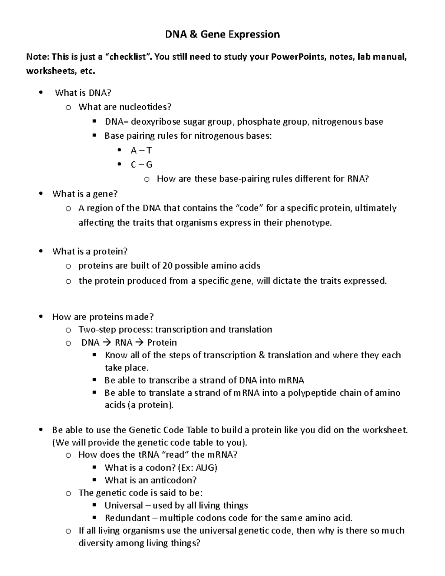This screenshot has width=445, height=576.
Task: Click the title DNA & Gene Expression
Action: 222,34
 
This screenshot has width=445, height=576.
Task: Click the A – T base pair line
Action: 141,150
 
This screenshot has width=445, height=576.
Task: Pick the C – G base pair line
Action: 141,164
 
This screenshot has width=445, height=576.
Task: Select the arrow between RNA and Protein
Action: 140,342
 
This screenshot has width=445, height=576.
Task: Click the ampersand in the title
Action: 192,34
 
